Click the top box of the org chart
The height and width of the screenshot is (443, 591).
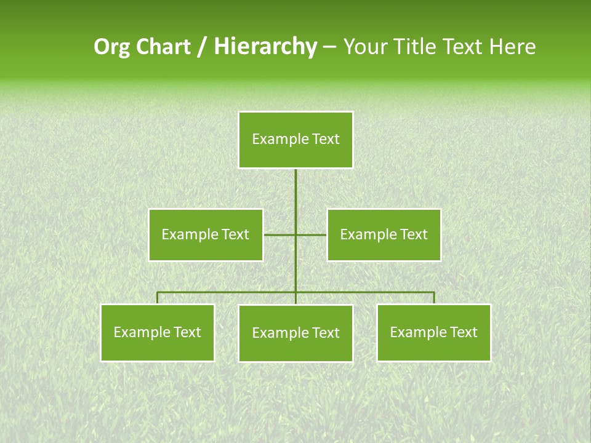(x=295, y=140)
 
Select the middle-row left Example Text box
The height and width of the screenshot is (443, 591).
(x=206, y=234)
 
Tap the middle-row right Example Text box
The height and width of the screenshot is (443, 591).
(x=384, y=234)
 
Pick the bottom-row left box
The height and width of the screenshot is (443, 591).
(x=158, y=332)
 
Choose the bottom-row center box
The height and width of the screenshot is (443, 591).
(x=295, y=333)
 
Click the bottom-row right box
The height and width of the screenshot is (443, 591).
(x=433, y=332)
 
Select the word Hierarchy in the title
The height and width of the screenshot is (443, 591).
(x=265, y=47)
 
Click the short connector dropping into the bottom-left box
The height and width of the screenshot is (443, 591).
(x=158, y=298)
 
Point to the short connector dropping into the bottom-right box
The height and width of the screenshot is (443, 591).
(x=434, y=298)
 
